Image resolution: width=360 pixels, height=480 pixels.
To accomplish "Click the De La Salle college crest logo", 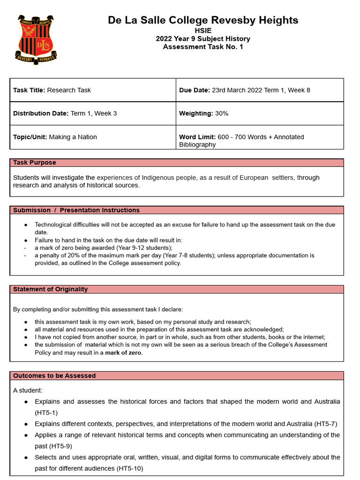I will (x=37, y=39).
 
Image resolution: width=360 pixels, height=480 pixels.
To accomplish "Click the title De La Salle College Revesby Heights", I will (x=203, y=20).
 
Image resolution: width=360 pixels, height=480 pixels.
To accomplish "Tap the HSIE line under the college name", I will (x=203, y=30).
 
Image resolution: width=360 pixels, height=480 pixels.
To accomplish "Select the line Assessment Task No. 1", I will (x=203, y=46).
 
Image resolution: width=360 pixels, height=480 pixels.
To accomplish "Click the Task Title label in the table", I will (x=29, y=90).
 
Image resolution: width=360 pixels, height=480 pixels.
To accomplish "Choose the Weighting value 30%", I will (x=222, y=113).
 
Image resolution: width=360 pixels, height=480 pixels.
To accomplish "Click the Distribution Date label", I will (x=41, y=113).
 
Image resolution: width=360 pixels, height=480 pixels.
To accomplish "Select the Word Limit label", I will (x=197, y=137).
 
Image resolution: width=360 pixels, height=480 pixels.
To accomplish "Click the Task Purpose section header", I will (x=34, y=163).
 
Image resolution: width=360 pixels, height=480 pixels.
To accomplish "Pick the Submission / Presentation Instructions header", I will (x=76, y=210).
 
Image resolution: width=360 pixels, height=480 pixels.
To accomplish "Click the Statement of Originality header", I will (x=50, y=289).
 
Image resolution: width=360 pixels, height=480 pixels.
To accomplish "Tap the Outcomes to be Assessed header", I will (x=54, y=375).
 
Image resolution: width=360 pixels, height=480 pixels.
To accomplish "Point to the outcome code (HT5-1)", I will (x=46, y=413).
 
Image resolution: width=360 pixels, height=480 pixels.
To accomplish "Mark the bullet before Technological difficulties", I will (x=25, y=225).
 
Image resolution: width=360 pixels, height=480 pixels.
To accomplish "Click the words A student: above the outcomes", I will (x=27, y=390).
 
